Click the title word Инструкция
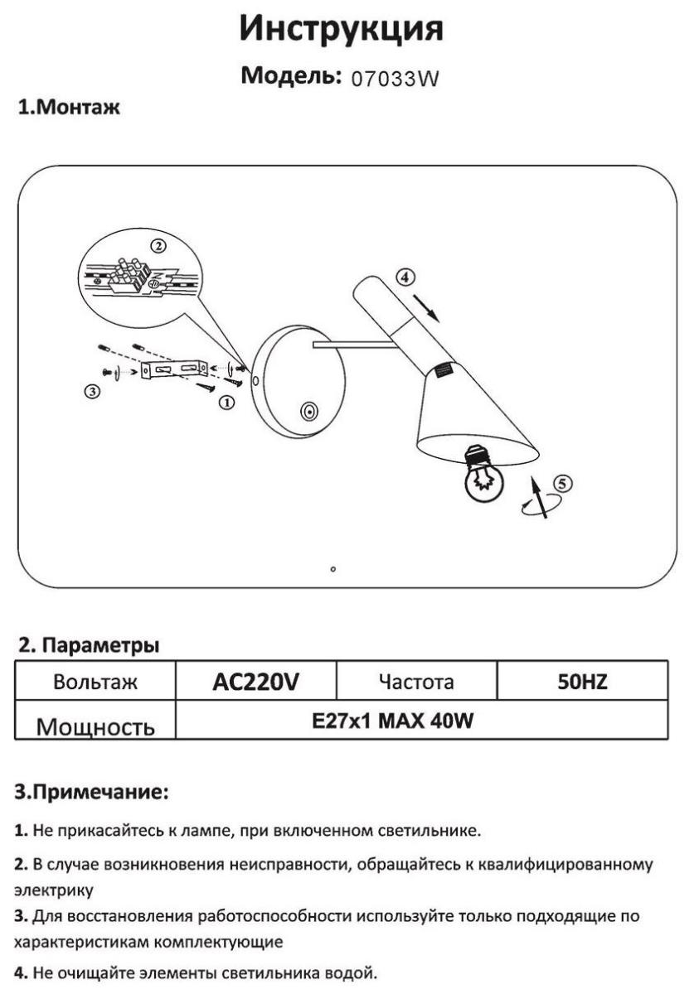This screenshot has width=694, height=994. coord(342,29)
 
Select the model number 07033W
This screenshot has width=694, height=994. coord(395,79)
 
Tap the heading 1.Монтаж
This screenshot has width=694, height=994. coord(69,108)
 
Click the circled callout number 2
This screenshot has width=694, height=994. coord(158,245)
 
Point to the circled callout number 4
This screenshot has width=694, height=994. coord(405,277)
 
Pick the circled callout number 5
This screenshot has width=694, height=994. coord(562,484)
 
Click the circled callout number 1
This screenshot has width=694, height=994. coord(226,403)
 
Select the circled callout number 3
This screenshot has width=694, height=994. coord(92,391)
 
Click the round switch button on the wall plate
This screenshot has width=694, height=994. coord(308,412)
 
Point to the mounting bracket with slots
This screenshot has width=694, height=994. coord(175,369)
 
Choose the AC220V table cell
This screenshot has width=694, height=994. coord(256,681)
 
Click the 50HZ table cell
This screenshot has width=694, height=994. coord(583,681)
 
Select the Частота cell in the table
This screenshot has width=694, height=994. coord(417,681)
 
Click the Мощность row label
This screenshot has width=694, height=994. coord(95,726)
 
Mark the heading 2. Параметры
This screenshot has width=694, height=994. coord(89,645)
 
